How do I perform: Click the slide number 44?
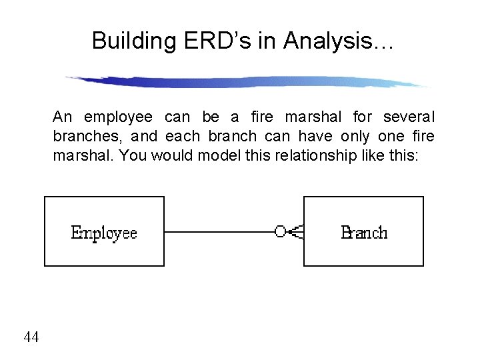[31, 337]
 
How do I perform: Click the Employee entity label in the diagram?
[104, 233]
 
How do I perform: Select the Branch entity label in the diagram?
[363, 233]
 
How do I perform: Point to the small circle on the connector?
[280, 231]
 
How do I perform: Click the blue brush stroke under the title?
[247, 81]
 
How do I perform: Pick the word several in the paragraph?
[409, 118]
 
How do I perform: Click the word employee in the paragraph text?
[118, 118]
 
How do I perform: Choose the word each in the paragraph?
[182, 137]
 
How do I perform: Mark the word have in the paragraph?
[315, 137]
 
